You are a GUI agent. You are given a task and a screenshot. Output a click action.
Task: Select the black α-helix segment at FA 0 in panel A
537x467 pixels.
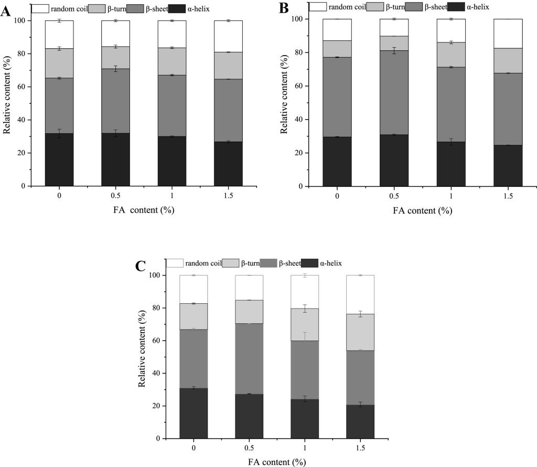tap(59, 160)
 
